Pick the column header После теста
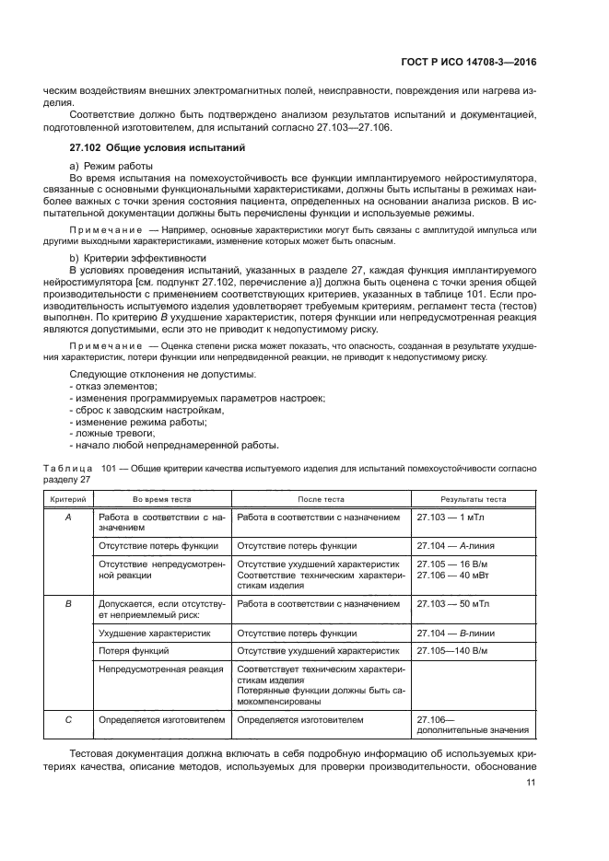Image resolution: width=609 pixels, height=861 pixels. [320, 499]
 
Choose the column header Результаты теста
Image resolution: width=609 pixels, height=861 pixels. [474, 499]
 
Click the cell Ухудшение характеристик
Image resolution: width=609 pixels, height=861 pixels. [154, 634]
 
